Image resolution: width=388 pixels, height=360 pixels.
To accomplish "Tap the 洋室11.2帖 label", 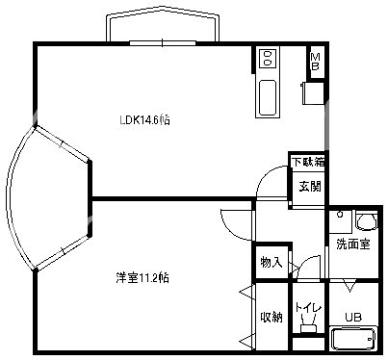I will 142,278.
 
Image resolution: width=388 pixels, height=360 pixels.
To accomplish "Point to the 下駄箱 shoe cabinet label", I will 308,162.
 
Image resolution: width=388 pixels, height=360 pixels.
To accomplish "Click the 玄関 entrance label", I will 308,186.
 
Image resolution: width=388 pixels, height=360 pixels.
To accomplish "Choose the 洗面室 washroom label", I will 352,244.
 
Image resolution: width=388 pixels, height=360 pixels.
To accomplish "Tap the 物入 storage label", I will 271,262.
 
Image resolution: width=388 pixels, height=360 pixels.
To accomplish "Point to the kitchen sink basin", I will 268,96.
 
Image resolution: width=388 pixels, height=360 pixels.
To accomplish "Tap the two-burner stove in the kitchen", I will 268,59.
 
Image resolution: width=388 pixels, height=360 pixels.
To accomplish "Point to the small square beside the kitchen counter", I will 311,95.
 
